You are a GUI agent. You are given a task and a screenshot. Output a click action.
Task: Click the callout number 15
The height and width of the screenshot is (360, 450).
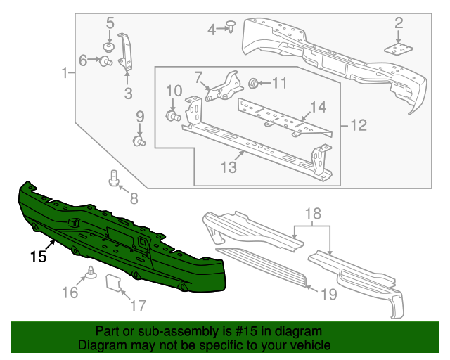tap(38, 257)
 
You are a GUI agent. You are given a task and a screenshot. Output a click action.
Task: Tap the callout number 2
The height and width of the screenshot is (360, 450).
tap(399, 23)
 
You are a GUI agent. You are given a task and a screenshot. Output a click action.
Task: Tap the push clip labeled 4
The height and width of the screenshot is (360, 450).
tap(232, 27)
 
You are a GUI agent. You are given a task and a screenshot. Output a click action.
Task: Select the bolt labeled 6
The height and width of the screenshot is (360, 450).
tap(107, 62)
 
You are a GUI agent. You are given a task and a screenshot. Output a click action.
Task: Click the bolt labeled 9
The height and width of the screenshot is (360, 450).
tap(139, 141)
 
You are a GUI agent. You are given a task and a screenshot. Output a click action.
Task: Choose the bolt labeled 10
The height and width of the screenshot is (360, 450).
tap(171, 115)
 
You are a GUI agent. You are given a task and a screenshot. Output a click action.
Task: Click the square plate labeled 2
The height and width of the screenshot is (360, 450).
tap(399, 47)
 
